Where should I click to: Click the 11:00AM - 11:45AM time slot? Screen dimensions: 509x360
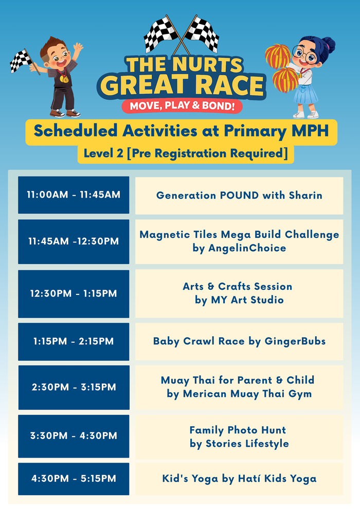[74, 195]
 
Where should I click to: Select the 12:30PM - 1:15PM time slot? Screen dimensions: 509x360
[74, 293]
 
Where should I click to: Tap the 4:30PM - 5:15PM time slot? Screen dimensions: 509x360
[74, 479]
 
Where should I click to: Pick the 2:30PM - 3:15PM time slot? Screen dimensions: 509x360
[74, 387]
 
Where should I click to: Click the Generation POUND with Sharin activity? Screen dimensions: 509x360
[239, 195]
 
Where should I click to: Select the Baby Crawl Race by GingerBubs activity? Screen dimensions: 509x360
[239, 341]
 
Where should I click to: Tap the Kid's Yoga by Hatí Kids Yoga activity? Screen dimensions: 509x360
[239, 479]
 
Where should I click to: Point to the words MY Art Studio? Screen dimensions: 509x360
[247, 300]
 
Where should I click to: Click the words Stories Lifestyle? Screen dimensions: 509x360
[246, 444]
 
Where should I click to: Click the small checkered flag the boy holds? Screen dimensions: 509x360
[21, 61]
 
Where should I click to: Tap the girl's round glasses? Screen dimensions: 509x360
[302, 53]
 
